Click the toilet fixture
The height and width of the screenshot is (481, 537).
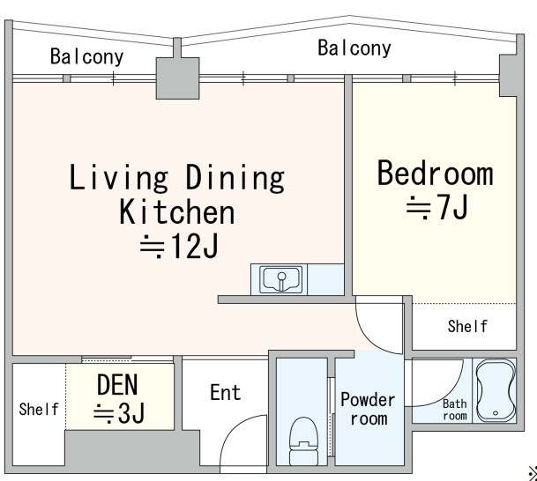[304, 440]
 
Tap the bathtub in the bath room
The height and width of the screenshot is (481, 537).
[496, 390]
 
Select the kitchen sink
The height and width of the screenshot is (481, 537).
[280, 279]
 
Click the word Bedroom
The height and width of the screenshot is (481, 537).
[436, 174]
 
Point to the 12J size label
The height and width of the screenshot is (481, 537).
[179, 246]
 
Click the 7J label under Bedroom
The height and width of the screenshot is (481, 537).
[437, 207]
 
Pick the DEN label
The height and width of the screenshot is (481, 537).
[117, 384]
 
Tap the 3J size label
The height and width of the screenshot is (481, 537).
[119, 413]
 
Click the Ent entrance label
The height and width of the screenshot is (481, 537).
[226, 392]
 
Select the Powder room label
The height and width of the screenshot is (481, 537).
[369, 409]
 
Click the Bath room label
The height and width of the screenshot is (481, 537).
[455, 410]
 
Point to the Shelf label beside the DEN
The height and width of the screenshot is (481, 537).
[39, 409]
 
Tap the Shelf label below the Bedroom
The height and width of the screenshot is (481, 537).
[467, 326]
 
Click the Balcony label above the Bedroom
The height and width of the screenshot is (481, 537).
[354, 48]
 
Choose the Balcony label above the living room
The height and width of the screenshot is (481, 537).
[86, 56]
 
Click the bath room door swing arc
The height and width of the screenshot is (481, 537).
[449, 396]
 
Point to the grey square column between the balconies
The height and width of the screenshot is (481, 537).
[178, 78]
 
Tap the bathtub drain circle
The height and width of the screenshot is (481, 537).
[496, 413]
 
